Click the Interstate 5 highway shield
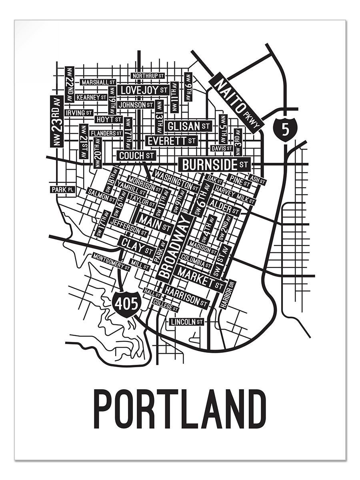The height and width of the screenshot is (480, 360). pyautogui.click(x=284, y=129)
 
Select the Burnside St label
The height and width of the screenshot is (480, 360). pyautogui.click(x=215, y=164)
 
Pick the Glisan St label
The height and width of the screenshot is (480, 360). pyautogui.click(x=188, y=126)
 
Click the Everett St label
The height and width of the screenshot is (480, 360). pyautogui.click(x=171, y=141)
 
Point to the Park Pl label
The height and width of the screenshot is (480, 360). pyautogui.click(x=62, y=189)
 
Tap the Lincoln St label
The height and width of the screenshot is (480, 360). pyautogui.click(x=187, y=322)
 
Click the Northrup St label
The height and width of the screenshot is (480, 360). pyautogui.click(x=148, y=76)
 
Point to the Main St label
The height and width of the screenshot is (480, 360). pyautogui.click(x=154, y=223)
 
